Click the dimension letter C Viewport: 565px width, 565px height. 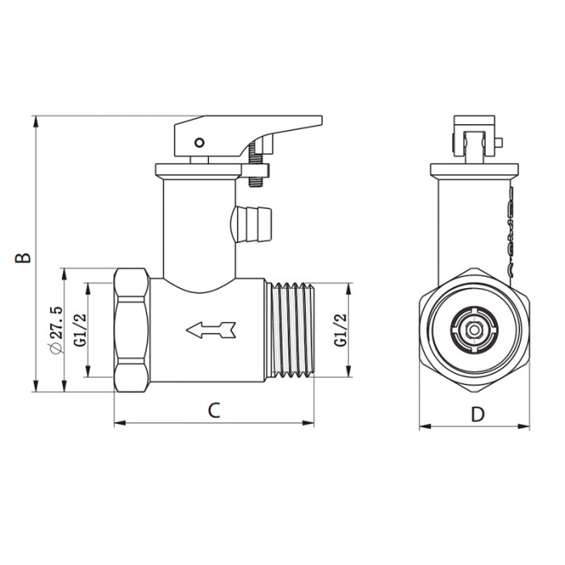click(213, 410)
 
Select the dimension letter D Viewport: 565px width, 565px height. click(478, 414)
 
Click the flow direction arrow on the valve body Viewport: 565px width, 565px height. click(209, 329)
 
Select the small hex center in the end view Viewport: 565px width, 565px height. click(475, 329)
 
